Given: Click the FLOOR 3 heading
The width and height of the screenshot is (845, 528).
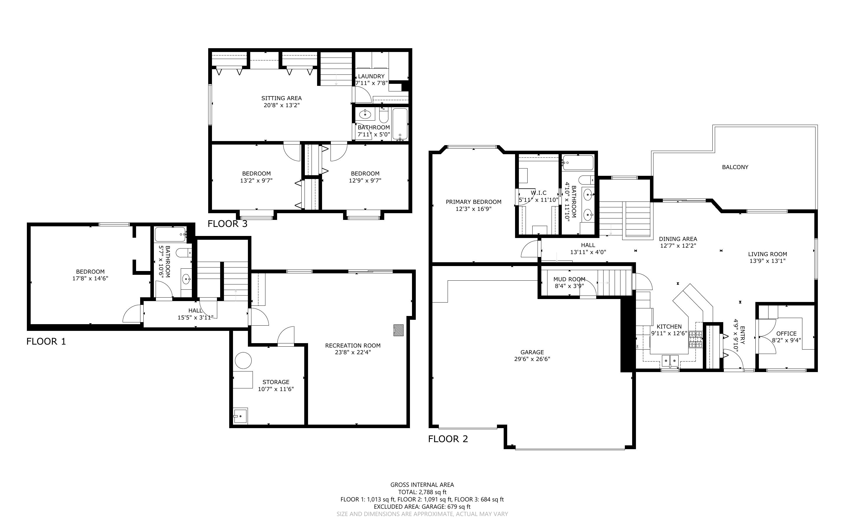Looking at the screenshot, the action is [227, 224].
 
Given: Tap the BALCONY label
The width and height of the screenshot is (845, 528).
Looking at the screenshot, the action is [735, 167].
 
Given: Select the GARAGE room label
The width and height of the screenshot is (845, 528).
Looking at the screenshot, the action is [532, 352].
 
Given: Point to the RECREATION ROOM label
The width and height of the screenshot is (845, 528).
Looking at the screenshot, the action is [353, 345].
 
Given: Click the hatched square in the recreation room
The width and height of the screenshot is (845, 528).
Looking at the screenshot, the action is [398, 330].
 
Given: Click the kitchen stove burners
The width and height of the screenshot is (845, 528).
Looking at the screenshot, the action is [695, 339].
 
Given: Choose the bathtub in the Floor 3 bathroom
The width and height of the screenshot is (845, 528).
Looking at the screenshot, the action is [400, 124].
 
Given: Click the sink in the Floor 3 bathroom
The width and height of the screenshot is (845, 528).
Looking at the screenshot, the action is [365, 114].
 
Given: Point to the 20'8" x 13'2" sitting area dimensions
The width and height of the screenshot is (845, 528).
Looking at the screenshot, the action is [281, 105].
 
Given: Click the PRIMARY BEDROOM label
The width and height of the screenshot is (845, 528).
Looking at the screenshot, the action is [473, 202].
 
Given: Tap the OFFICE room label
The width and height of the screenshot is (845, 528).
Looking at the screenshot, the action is [786, 334].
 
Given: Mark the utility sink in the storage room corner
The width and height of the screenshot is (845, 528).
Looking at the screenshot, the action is [241, 416].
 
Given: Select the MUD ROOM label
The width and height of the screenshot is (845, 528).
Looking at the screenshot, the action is [569, 279].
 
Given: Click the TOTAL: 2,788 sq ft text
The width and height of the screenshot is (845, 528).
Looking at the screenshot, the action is [422, 492].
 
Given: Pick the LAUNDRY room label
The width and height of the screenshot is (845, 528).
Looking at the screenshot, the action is [371, 76].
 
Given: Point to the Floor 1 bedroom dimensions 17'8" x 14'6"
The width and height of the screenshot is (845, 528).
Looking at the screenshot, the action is [91, 279].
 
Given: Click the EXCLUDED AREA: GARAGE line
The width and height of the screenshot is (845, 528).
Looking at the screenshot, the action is [422, 507].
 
